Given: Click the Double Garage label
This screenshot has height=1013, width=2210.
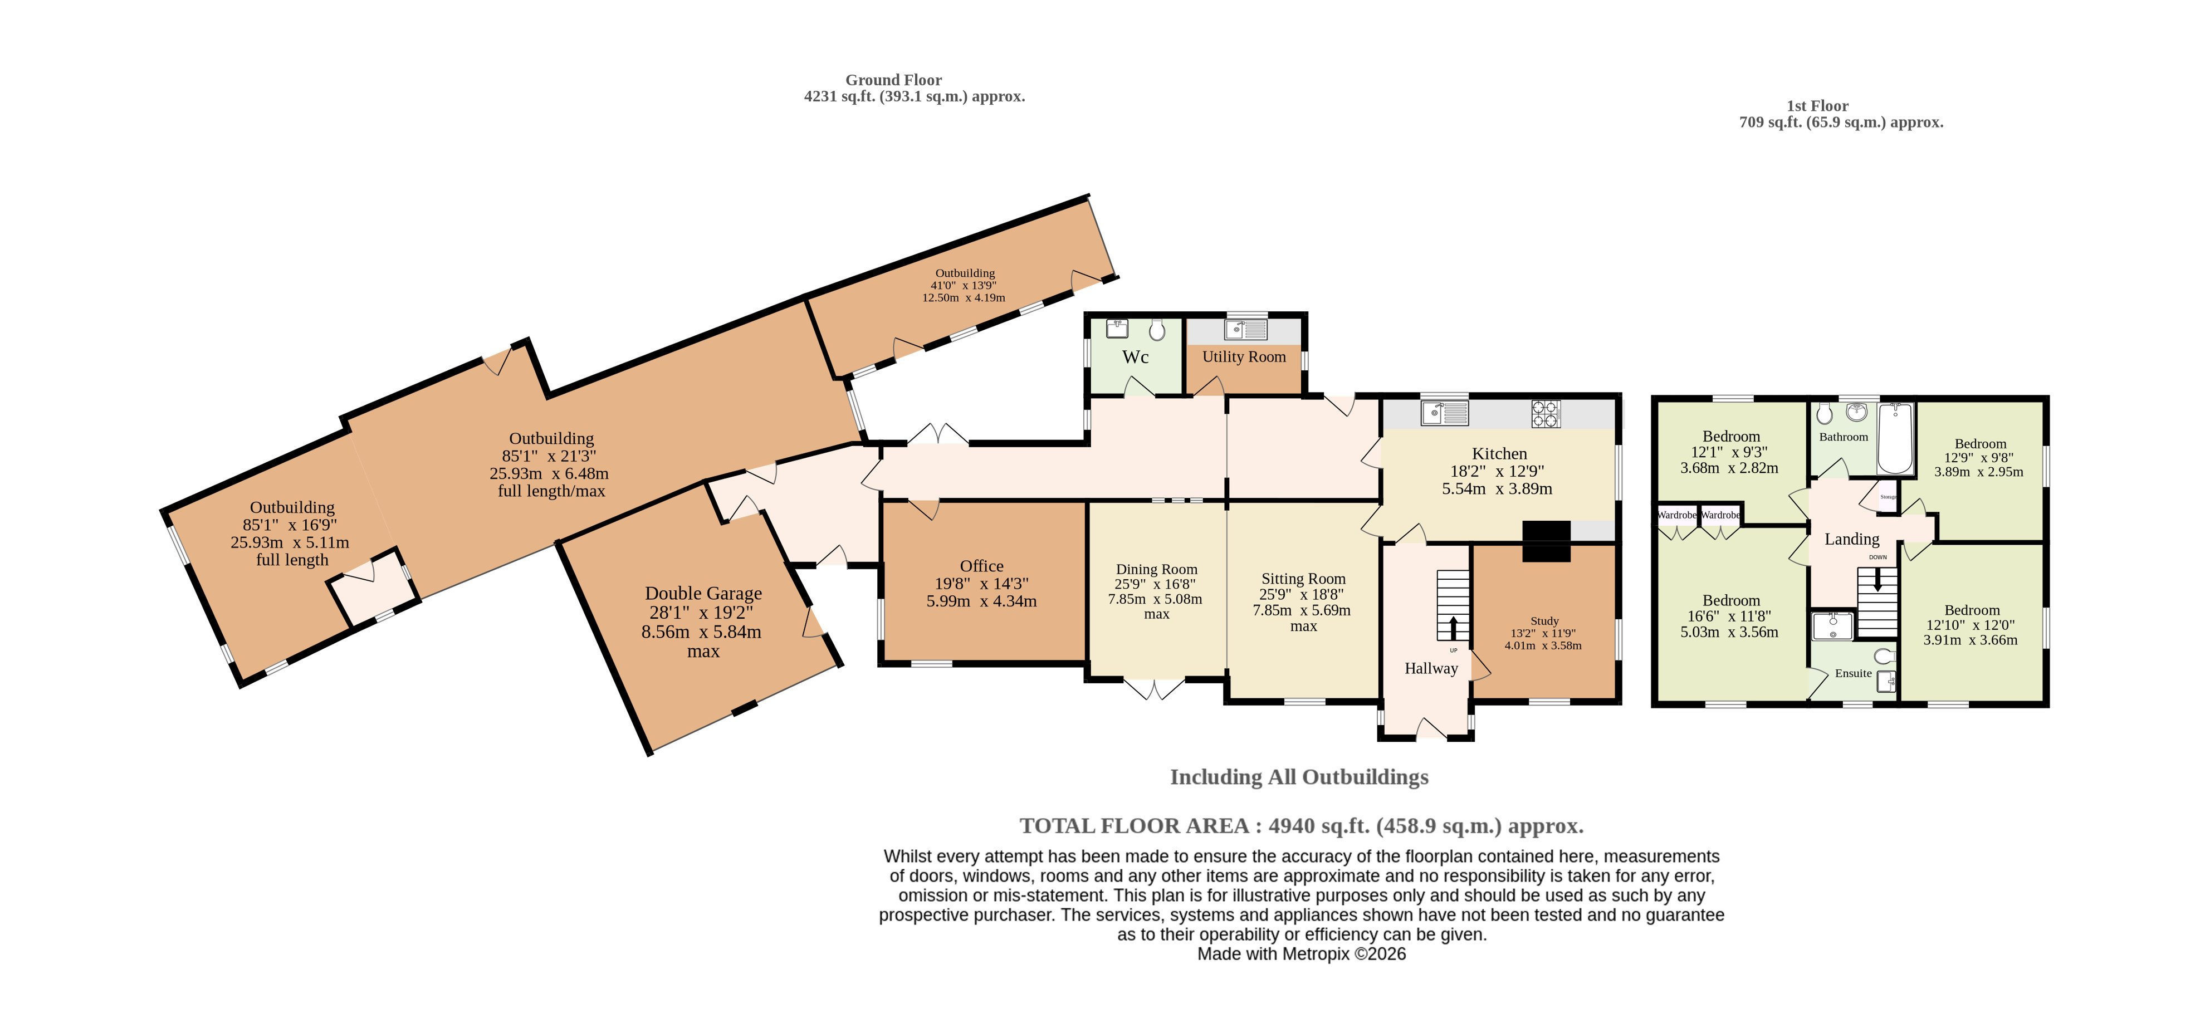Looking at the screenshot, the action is click(703, 594).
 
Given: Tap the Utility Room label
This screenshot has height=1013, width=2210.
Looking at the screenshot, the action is click(1244, 357).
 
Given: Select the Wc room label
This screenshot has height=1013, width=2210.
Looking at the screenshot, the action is click(1135, 358).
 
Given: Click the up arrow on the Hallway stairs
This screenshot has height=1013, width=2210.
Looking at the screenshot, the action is click(1453, 629).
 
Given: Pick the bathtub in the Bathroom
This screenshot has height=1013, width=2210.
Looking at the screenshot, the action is click(1894, 438).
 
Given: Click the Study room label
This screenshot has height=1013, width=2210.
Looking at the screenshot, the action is click(1544, 621).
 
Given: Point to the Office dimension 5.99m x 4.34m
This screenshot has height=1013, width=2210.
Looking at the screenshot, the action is click(981, 602).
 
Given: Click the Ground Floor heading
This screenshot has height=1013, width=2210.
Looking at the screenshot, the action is click(893, 80).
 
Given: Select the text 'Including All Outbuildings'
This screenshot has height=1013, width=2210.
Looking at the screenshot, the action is click(1299, 777).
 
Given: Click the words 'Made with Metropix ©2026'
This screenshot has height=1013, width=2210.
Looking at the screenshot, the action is click(1302, 954).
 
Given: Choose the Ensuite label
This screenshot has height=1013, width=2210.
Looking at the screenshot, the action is click(1853, 673).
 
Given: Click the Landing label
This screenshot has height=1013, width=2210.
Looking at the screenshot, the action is click(1851, 540).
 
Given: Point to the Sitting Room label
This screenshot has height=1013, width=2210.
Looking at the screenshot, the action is click(1303, 579).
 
